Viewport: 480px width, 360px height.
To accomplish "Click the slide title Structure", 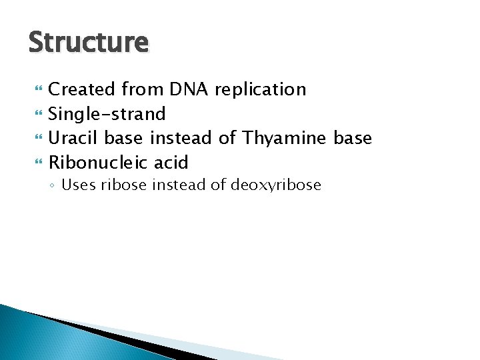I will (89, 43).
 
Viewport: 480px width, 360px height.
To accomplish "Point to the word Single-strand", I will (107, 114).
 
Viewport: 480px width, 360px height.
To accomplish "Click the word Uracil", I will (74, 138).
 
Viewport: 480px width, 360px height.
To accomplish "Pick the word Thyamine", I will (285, 139).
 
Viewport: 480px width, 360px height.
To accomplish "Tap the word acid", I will (171, 162).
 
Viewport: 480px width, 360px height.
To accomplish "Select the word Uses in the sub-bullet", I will (78, 185).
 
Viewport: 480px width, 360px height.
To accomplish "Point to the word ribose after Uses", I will (125, 185).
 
